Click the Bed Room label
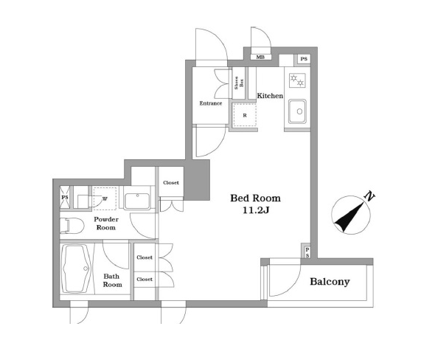[255, 198]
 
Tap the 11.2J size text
[256, 210]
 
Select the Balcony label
[330, 282]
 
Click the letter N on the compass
[369, 196]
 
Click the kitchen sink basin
[297, 111]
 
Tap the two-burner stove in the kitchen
[297, 80]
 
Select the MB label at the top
[260, 58]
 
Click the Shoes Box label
[239, 83]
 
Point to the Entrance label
[211, 103]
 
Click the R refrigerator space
[244, 115]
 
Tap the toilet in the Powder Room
[72, 226]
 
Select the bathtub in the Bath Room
[77, 269]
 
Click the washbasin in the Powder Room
[137, 201]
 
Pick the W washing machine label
[105, 198]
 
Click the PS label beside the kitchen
[304, 59]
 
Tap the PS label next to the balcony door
[307, 252]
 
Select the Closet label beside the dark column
[171, 183]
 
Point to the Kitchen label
[270, 96]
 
